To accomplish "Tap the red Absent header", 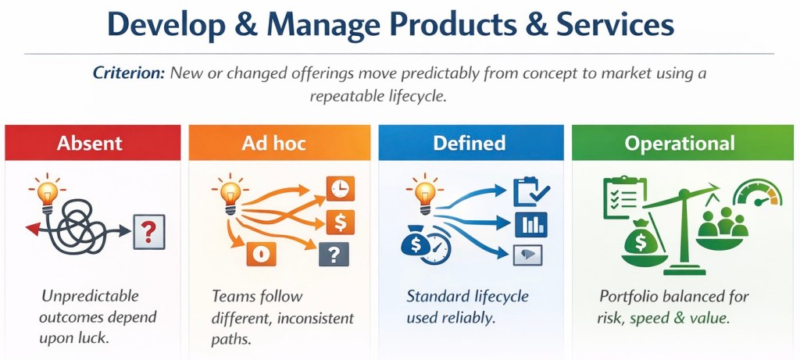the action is pyautogui.click(x=93, y=143).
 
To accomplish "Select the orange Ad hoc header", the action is pyautogui.click(x=280, y=143).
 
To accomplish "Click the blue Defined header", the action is pyautogui.click(x=471, y=143).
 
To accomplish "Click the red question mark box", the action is pyautogui.click(x=148, y=232).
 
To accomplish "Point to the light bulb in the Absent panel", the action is pyautogui.click(x=48, y=194).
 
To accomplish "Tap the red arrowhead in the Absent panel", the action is pyautogui.click(x=33, y=230).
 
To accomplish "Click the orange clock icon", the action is pyautogui.click(x=338, y=189).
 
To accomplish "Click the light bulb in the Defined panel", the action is pyautogui.click(x=424, y=194).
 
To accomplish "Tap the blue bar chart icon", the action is pyautogui.click(x=531, y=224).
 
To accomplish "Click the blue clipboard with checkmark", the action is pyautogui.click(x=531, y=192).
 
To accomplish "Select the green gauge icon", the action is pyautogui.click(x=757, y=193).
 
